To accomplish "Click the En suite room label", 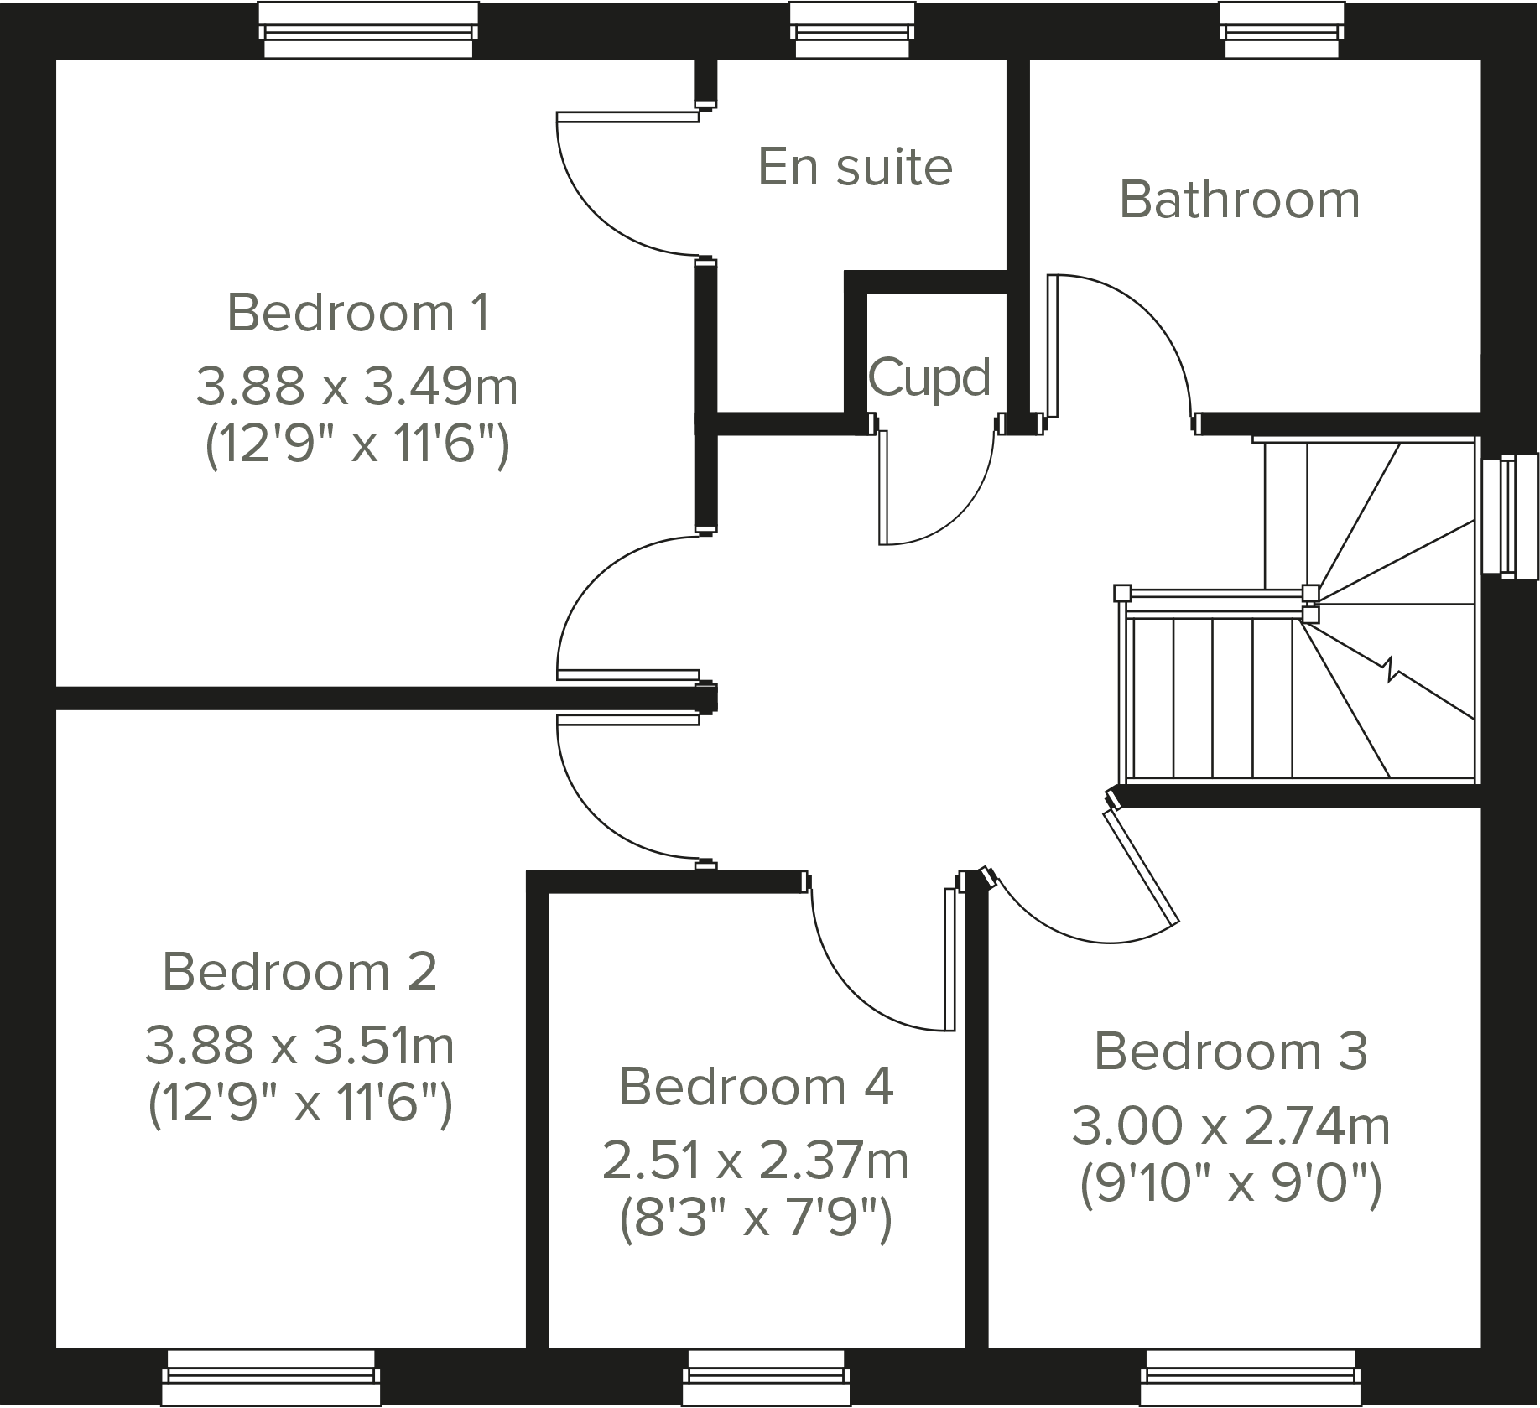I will point(855,167).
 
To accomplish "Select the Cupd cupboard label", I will point(929,377).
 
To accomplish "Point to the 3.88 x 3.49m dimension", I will point(357,387).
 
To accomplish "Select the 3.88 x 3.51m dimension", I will point(299,1046).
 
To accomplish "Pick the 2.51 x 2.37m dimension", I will point(756,1161).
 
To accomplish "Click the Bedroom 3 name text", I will point(1230,1051).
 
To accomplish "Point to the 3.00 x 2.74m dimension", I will point(1230,1126).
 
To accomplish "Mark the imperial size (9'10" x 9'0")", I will point(1230,1184).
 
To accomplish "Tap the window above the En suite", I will point(851,32).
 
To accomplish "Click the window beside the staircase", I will point(1510,516).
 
